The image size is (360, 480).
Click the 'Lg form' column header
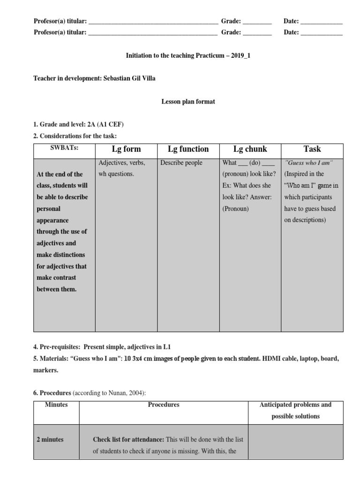(x=126, y=149)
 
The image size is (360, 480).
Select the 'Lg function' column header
(x=188, y=149)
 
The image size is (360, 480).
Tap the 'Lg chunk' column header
(x=250, y=149)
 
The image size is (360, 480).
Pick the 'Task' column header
(x=312, y=149)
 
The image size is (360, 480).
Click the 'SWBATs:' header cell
(x=64, y=148)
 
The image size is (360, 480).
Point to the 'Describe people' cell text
(x=181, y=163)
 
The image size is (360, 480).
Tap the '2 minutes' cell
(x=50, y=440)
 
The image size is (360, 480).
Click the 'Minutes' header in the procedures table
(x=56, y=405)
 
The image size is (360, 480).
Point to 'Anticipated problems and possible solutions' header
(x=295, y=410)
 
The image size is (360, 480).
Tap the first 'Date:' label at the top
(x=291, y=21)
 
